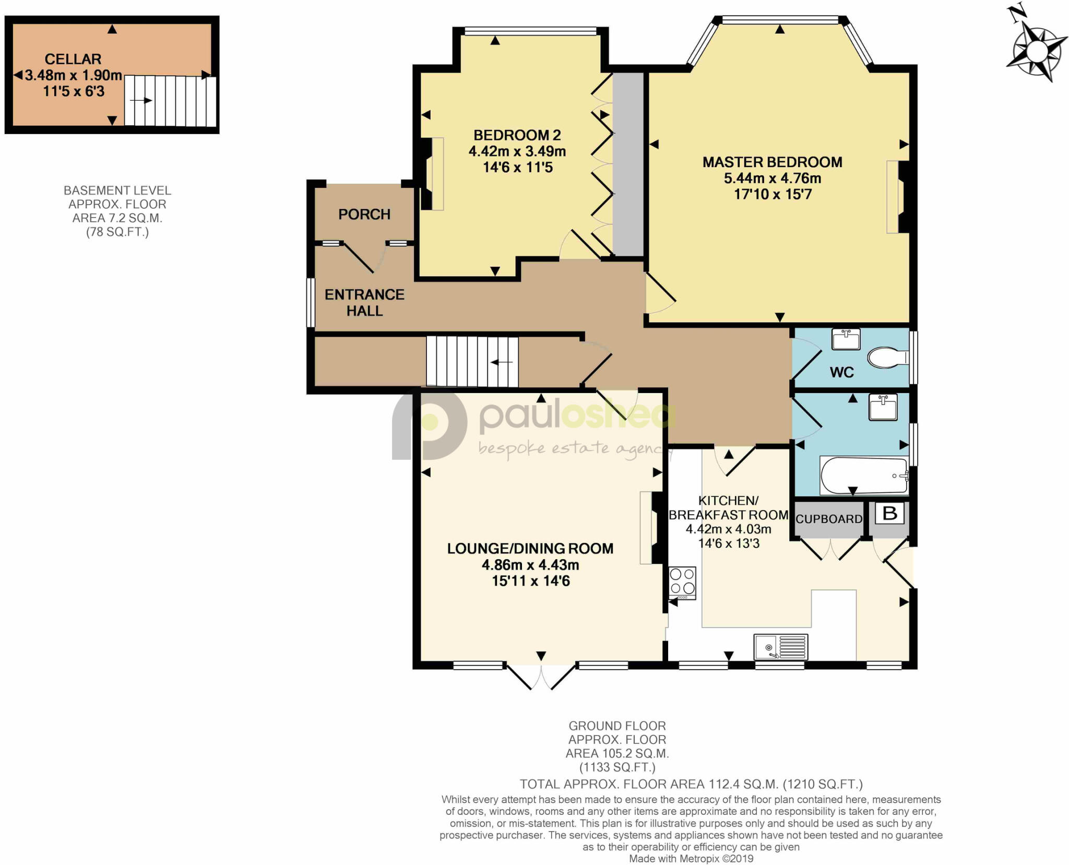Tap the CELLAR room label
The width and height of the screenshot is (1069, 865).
coord(73,59)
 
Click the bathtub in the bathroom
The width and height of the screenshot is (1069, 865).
coord(864,475)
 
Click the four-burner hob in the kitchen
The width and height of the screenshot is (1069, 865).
coord(682,583)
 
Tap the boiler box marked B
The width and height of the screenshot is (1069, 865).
coord(889,513)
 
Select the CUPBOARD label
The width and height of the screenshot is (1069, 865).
coord(829,519)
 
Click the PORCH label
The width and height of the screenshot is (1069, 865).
coord(364,214)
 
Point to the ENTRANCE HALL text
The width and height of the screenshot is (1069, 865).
coord(364,302)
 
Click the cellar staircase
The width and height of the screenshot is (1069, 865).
coord(170,101)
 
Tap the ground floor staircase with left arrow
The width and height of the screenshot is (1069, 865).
coord(472,361)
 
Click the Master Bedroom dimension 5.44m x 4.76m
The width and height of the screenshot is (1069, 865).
coord(772,178)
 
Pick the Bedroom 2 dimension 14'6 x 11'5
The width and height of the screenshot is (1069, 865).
coord(517,168)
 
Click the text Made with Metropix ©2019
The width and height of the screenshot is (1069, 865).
coord(691,859)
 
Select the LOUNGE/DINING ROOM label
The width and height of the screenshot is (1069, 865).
coord(530,548)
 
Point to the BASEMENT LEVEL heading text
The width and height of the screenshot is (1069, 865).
coord(117,191)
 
